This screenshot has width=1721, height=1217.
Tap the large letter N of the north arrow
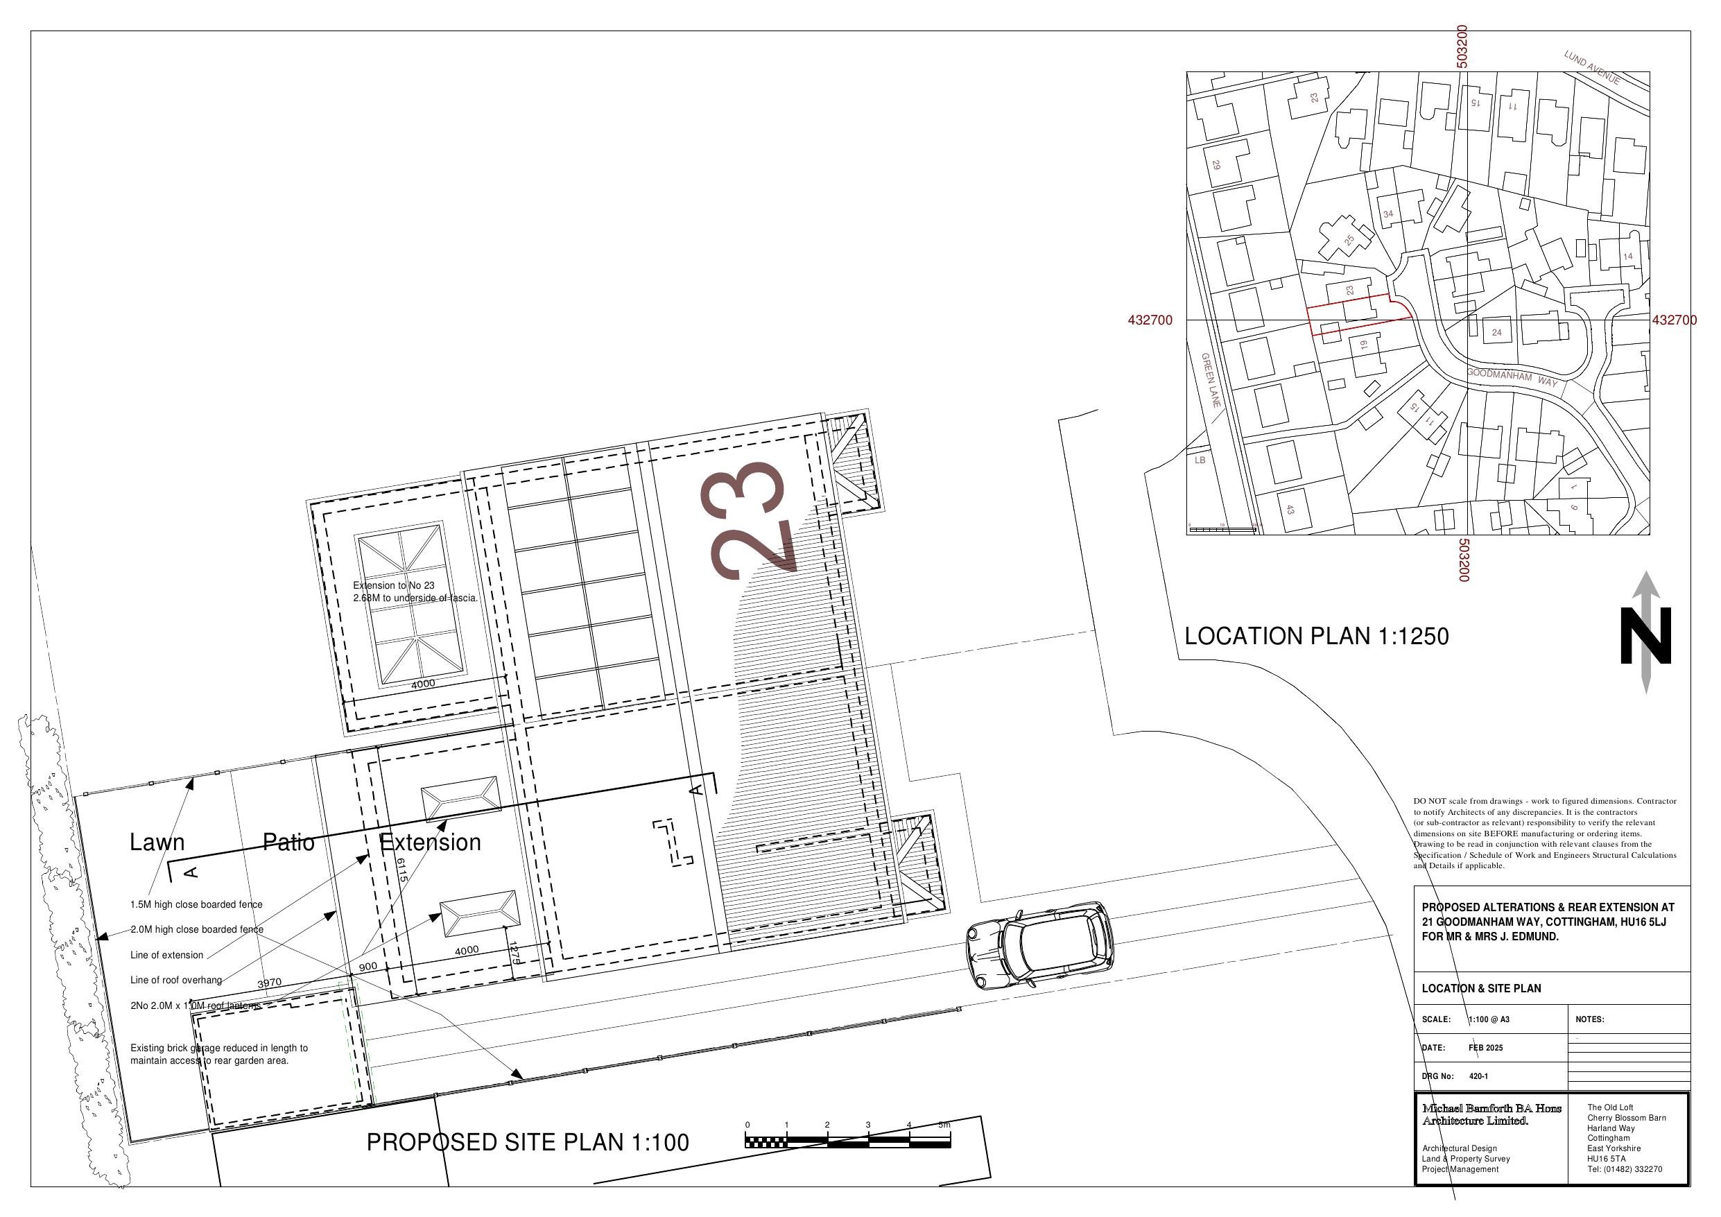1646,636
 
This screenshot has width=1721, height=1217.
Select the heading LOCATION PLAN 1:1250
1316,637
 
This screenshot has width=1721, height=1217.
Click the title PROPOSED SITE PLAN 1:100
527,1142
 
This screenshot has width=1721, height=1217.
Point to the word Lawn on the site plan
157,842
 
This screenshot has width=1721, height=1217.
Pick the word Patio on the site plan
288,842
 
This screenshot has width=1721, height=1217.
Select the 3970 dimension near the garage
269,983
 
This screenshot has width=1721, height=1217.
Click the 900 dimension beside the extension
368,967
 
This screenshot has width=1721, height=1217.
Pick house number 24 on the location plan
1496,332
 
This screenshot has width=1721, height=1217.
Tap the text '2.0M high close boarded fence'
196,929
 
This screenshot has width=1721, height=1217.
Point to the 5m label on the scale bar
944,1125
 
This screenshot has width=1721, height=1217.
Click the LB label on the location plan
1200,460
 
